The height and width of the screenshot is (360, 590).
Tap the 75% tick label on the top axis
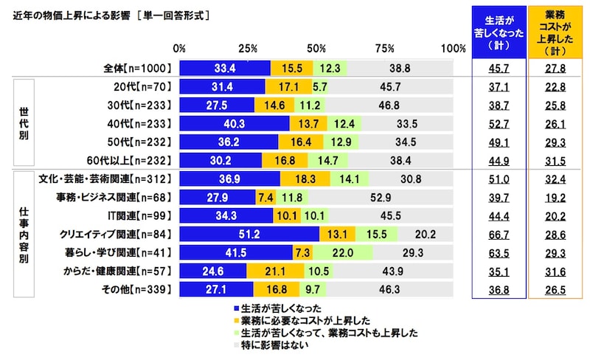(x=384, y=49)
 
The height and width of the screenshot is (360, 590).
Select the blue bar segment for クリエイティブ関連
(x=249, y=235)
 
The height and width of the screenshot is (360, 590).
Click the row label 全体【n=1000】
(x=138, y=69)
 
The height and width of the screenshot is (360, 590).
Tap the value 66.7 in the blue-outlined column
(x=499, y=235)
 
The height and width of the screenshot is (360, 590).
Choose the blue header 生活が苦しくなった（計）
(x=499, y=33)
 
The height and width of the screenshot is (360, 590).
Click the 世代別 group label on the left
(x=22, y=123)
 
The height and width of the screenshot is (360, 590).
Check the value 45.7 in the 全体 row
(x=499, y=69)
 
